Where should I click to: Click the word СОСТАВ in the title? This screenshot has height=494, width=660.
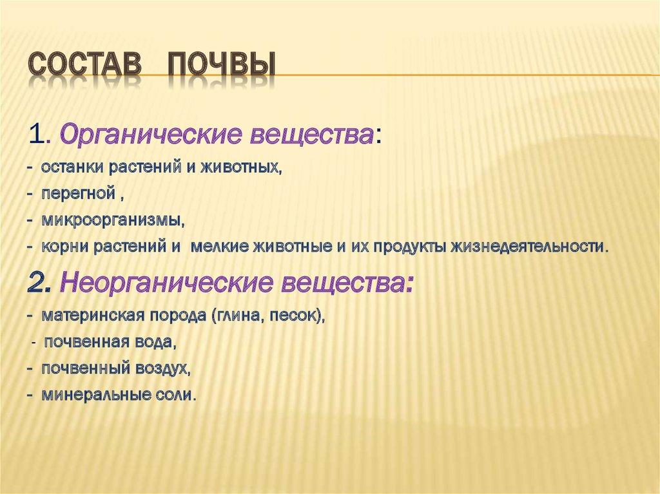click(87, 68)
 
